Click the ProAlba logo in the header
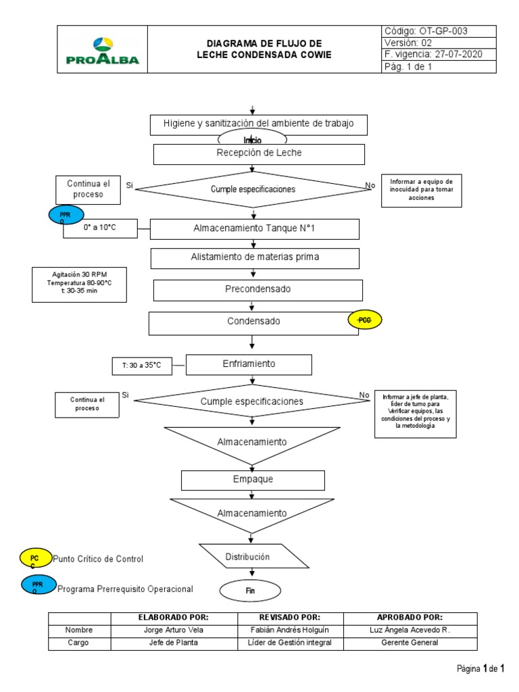point(102,49)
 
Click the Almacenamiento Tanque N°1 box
point(254,229)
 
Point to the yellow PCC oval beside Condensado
point(364,320)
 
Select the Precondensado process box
point(258,290)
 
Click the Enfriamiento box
point(249,364)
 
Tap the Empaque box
point(253,480)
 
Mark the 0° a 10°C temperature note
point(100,228)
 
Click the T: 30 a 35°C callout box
point(142,366)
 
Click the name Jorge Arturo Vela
point(174,630)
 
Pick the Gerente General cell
point(410,643)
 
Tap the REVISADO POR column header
point(290,617)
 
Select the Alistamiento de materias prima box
point(255,257)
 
